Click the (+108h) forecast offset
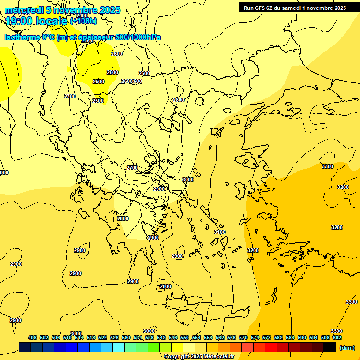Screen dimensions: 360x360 click(x=83, y=21)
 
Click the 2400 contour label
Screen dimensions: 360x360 click(x=82, y=29)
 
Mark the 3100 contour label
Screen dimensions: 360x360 click(x=220, y=232)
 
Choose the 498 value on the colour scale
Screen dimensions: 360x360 click(x=32, y=337)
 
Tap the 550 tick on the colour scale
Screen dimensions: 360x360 click(x=185, y=337)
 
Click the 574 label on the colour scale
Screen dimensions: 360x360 click(x=255, y=337)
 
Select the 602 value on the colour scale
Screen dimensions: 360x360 click(x=337, y=337)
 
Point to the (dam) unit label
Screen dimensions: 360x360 click(x=347, y=347)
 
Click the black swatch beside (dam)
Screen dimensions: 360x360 click(x=330, y=347)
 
